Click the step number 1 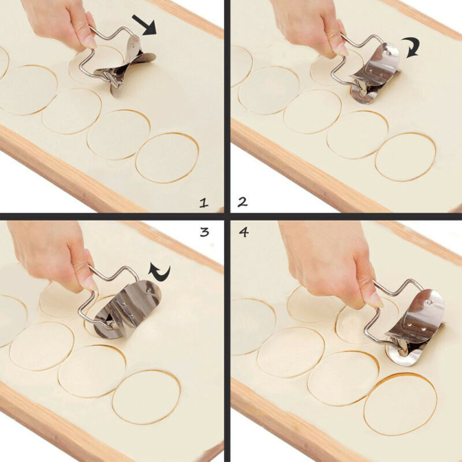click(x=204, y=203)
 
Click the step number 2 click(x=242, y=202)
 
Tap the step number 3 click(x=204, y=232)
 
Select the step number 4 click(x=244, y=232)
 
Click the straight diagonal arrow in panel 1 click(x=144, y=25)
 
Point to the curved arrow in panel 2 click(x=412, y=47)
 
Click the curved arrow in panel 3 click(x=159, y=272)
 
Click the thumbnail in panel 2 click(x=341, y=49)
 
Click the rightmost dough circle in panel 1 click(x=167, y=158)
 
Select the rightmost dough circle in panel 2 click(x=405, y=157)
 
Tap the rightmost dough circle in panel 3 click(x=147, y=397)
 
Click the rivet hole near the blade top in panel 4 click(x=430, y=301)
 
